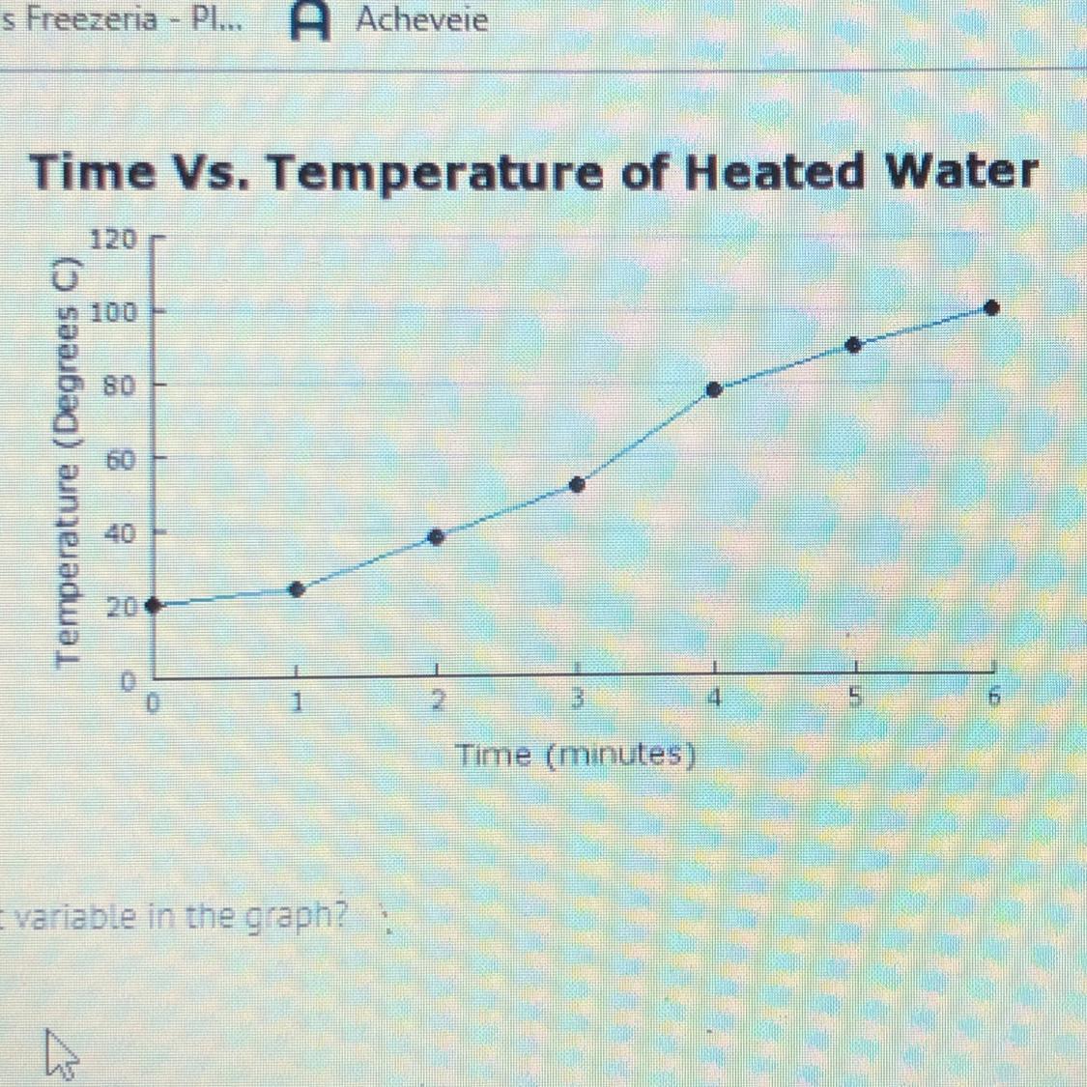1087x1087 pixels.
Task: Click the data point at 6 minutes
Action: click(991, 308)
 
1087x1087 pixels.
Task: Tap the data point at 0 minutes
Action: click(152, 606)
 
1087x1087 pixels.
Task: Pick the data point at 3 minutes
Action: click(577, 485)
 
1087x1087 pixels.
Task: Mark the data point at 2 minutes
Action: click(436, 537)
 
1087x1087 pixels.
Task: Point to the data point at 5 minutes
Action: click(853, 345)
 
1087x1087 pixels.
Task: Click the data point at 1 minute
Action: click(297, 589)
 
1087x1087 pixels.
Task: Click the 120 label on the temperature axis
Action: click(114, 238)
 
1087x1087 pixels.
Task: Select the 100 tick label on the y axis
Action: click(114, 312)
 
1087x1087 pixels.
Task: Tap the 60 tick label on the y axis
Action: click(120, 459)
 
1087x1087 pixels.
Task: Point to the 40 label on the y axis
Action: click(120, 532)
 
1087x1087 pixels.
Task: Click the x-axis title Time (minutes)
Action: click(577, 754)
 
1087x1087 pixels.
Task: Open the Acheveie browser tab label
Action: click(421, 19)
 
